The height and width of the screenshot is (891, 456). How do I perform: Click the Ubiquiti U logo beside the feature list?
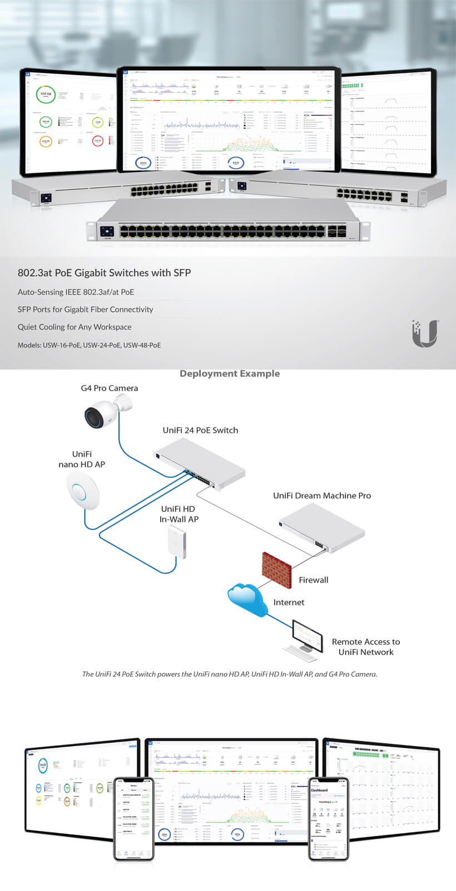425,334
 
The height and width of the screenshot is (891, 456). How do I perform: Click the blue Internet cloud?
248,599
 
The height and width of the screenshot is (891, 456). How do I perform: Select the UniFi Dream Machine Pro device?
321,528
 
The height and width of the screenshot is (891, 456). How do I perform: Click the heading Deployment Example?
230,374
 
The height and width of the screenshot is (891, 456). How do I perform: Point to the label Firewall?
314,580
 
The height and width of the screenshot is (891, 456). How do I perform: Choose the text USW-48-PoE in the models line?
142,345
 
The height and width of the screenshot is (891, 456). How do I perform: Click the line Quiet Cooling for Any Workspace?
75,327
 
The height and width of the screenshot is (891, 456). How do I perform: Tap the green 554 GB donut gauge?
46,95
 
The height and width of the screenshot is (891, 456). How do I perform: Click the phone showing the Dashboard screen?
328,819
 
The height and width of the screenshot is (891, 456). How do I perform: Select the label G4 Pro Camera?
110,388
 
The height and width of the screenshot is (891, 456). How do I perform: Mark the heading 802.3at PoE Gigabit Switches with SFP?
104,273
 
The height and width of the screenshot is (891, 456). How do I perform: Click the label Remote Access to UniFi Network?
366,647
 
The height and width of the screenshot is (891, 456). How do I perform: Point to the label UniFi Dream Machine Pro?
322,496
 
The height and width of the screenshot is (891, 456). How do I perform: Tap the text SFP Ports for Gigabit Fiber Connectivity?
85,310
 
